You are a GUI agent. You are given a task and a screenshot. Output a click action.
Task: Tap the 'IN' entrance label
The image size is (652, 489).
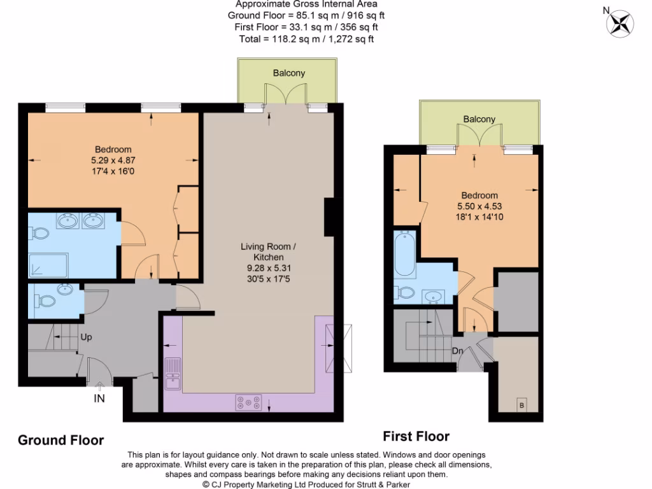point(99,399)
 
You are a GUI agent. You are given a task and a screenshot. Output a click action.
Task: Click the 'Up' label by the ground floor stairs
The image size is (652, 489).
point(87,337)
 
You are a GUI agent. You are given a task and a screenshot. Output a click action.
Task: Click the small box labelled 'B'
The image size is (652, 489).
point(522,405)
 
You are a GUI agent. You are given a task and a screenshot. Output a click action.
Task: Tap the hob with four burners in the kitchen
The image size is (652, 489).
point(248,402)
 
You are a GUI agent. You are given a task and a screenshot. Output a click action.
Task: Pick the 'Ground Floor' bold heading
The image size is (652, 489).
point(60,440)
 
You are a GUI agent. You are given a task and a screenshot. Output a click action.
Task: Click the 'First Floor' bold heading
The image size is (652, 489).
point(416,436)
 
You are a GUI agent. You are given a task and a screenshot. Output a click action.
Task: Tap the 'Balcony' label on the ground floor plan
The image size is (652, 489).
point(289,73)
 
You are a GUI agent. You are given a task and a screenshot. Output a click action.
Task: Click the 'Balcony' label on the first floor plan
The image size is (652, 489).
point(479,119)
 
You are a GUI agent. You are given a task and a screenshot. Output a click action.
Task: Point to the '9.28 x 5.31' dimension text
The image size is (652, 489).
point(268,268)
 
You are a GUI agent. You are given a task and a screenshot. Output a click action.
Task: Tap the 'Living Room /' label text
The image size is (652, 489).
point(268,246)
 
